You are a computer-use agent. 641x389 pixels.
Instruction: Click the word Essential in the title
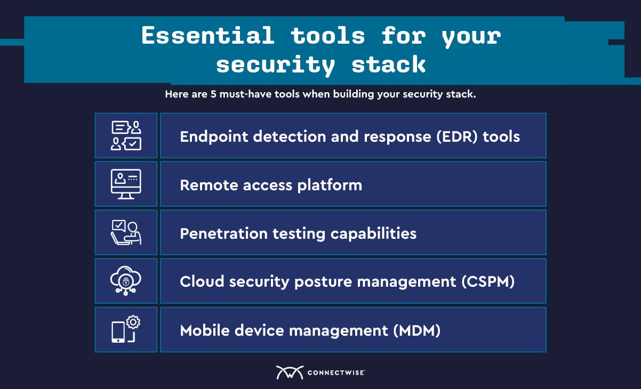pyautogui.click(x=208, y=36)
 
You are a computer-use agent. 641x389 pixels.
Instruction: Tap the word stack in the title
pyautogui.click(x=388, y=64)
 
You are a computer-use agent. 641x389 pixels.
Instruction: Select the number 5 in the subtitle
pyautogui.click(x=213, y=94)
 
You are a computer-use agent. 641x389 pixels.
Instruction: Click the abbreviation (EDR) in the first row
pyautogui.click(x=457, y=136)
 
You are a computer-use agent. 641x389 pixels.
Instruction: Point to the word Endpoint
pyautogui.click(x=214, y=136)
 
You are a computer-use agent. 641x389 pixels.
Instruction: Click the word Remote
pyautogui.click(x=209, y=185)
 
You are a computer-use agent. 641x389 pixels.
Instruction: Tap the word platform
pyautogui.click(x=330, y=185)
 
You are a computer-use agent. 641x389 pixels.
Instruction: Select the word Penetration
pyautogui.click(x=224, y=233)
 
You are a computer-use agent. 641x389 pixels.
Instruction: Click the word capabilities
pyautogui.click(x=373, y=233)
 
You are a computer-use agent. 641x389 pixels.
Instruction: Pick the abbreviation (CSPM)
pyautogui.click(x=488, y=281)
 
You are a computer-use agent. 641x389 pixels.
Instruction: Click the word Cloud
pyautogui.click(x=202, y=281)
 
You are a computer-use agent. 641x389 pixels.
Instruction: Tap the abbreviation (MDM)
pyautogui.click(x=416, y=330)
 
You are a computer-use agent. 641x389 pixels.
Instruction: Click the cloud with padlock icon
pyautogui.click(x=126, y=281)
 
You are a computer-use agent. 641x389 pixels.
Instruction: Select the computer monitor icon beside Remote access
pyautogui.click(x=126, y=184)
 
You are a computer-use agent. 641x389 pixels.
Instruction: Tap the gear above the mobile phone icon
pyautogui.click(x=133, y=322)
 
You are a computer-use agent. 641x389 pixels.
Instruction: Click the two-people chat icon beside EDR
pyautogui.click(x=126, y=135)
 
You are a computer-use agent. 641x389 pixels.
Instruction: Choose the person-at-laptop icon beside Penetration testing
pyautogui.click(x=126, y=232)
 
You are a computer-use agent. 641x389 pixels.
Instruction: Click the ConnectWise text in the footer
pyautogui.click(x=336, y=372)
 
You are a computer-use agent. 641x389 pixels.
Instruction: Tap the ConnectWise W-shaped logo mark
pyautogui.click(x=290, y=372)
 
